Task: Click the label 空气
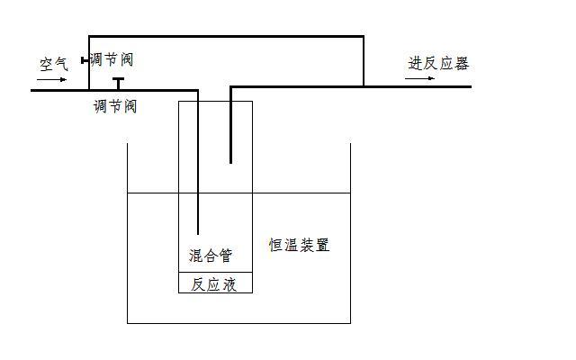coord(54,64)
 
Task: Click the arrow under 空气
coord(52,79)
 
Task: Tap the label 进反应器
coord(438,63)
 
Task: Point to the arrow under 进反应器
coord(419,78)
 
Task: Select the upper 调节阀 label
coord(112,59)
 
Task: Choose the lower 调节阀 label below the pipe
coord(115,106)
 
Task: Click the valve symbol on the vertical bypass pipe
coord(85,60)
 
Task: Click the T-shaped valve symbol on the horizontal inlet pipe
coord(118,84)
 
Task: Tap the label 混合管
coord(211,255)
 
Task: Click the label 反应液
coord(213,284)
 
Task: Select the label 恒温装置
coord(299,245)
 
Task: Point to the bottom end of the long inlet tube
coord(198,234)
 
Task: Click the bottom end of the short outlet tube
coord(230,163)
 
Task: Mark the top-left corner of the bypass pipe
coord(89,36)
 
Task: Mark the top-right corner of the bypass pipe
coord(364,36)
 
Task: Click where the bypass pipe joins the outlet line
coord(364,86)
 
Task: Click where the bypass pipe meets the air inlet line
coord(89,90)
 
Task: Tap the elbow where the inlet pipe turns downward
coord(198,90)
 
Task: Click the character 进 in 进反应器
coord(415,63)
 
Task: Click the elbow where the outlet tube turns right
coord(230,87)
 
